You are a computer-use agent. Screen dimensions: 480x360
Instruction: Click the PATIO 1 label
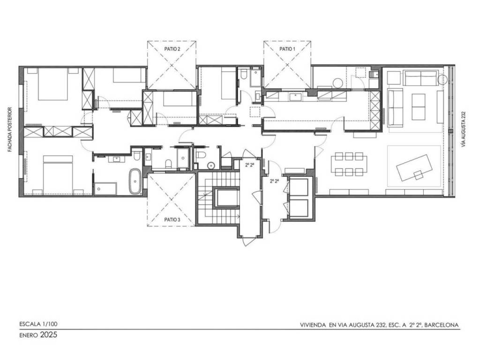pos(287,49)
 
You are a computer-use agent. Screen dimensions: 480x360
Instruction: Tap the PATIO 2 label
pos(172,49)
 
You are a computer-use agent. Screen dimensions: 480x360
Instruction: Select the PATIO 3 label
pos(172,219)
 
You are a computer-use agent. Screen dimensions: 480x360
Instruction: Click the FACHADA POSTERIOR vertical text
pos(10,129)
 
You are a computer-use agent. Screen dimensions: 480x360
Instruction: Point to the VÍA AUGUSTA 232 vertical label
pos(463,129)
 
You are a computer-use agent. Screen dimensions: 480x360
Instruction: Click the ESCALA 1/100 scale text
pos(38,324)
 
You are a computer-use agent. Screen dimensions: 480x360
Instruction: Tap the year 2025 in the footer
pos(49,335)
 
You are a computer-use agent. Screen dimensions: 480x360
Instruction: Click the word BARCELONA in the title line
pos(442,325)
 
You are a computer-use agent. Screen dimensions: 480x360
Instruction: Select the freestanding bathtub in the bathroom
pos(135,181)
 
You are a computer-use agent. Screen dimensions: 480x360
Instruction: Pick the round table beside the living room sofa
pos(442,80)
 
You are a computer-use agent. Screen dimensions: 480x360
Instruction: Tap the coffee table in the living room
pos(418,107)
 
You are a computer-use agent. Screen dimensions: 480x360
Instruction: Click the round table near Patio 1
pos(338,83)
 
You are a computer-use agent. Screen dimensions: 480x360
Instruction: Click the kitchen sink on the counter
pos(295,97)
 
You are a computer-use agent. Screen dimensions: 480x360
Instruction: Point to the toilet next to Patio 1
pos(244,75)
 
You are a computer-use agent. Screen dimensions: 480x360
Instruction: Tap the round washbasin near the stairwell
pos(211,165)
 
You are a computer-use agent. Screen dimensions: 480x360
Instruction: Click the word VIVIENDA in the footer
pos(313,325)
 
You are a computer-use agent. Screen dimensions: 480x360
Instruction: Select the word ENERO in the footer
pos(29,335)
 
